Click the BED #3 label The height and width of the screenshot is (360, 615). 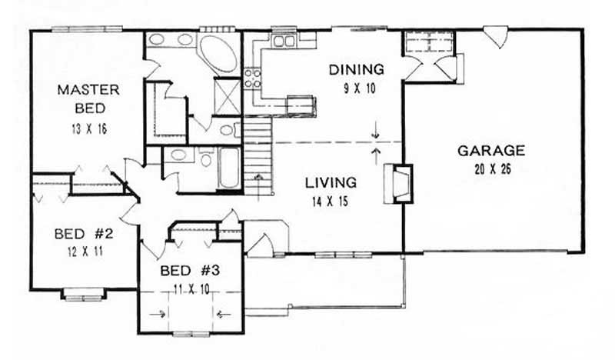(189, 272)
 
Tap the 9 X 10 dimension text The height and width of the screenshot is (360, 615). (357, 88)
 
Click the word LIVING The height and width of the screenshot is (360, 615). (330, 183)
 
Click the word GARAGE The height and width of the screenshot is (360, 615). (490, 151)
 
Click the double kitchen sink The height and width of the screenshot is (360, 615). (282, 39)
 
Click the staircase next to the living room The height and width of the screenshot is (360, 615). (259, 154)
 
